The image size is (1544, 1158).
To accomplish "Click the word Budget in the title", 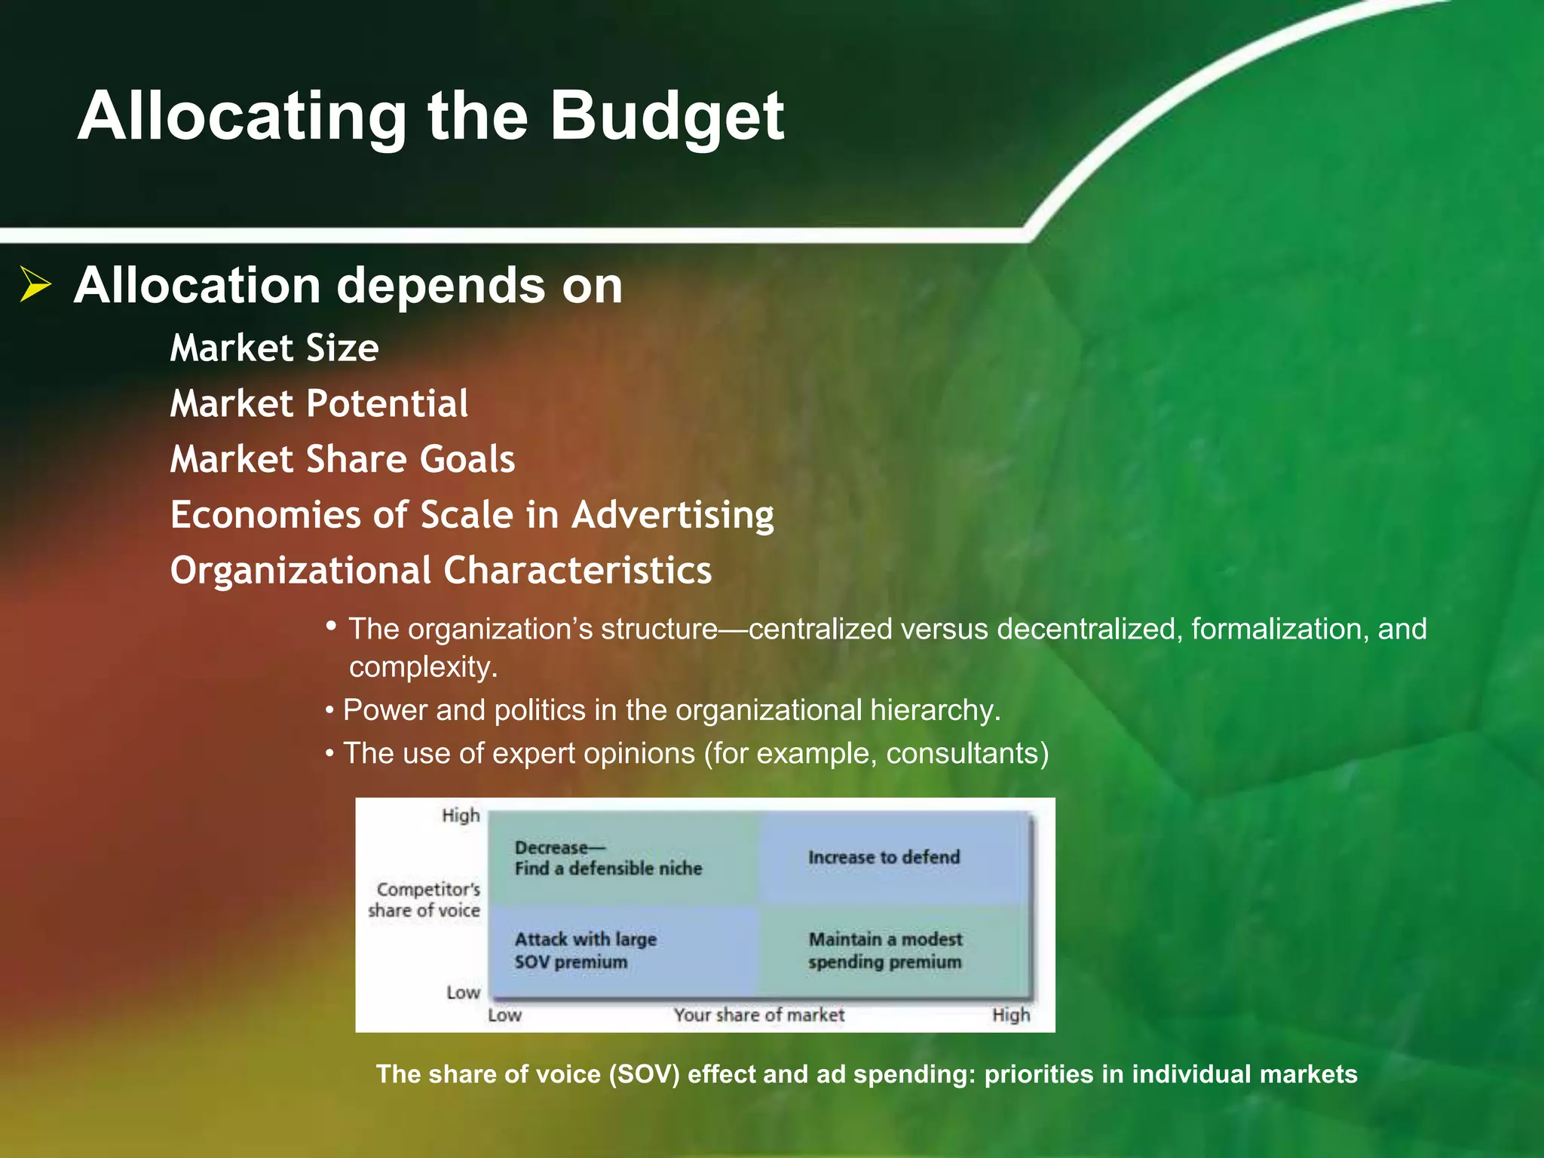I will pyautogui.click(x=667, y=117).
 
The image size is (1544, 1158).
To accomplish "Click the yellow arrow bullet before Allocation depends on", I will pyautogui.click(x=35, y=284).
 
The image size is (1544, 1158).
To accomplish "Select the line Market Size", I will pyautogui.click(x=274, y=348).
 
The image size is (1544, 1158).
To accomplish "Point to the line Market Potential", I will pyautogui.click(x=319, y=403).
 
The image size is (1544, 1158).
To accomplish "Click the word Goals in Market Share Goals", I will pyautogui.click(x=467, y=459).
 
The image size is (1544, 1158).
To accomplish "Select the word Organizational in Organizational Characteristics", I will pyautogui.click(x=300, y=571).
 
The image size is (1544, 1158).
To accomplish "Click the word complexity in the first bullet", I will pyautogui.click(x=422, y=667).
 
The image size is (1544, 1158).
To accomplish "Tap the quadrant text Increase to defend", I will pyautogui.click(x=884, y=857).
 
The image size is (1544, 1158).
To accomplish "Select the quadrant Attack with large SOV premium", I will pyautogui.click(x=585, y=950).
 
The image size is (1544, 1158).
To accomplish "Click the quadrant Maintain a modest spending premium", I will pyautogui.click(x=885, y=950).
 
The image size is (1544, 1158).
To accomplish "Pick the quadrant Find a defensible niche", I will pyautogui.click(x=608, y=868).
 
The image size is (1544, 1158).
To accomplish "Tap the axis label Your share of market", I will pyautogui.click(x=758, y=1015).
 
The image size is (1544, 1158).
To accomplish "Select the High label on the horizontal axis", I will pyautogui.click(x=1010, y=1015).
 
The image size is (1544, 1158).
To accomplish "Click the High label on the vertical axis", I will pyautogui.click(x=460, y=815).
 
